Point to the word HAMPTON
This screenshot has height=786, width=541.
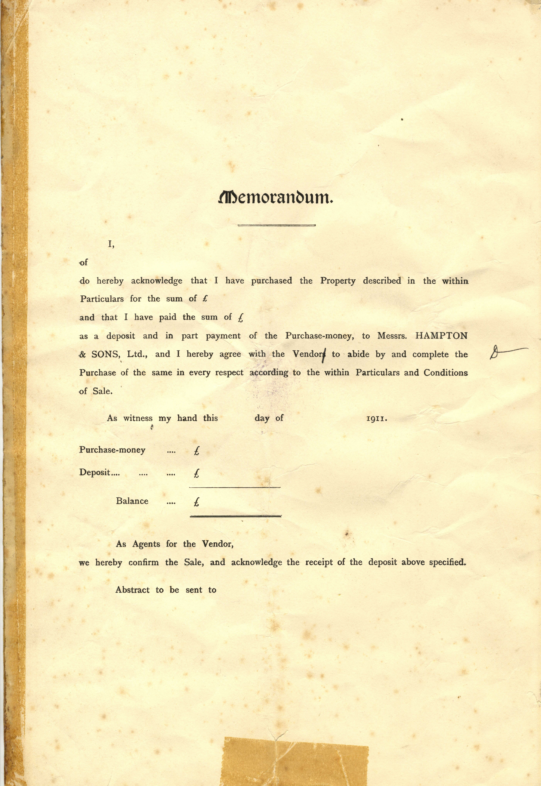coord(441,336)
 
